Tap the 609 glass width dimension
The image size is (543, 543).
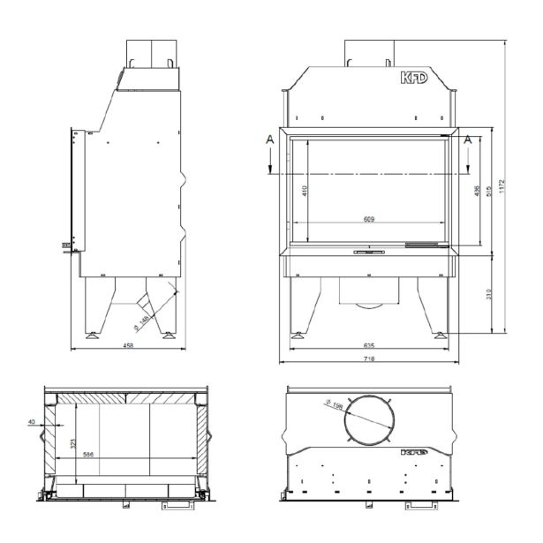tap(371, 218)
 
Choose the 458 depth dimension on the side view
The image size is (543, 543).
tap(128, 346)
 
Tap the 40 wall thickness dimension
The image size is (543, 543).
tap(33, 423)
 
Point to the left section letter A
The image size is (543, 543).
tap(270, 138)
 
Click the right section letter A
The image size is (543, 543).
tap(468, 138)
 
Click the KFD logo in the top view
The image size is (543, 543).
tap(414, 450)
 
